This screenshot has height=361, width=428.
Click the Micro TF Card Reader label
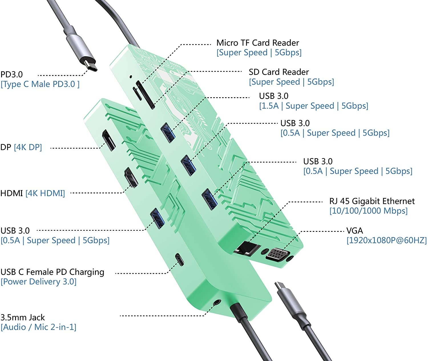(x=257, y=43)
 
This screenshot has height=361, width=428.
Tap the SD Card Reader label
(x=278, y=72)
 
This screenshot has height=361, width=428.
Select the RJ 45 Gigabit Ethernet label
(x=372, y=201)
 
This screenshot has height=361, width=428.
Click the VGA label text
(x=354, y=230)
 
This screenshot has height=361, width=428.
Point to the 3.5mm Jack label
(x=23, y=317)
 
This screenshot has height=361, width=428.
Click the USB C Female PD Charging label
(x=52, y=272)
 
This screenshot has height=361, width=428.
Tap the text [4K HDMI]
(x=45, y=193)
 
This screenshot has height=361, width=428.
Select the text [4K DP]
(x=28, y=147)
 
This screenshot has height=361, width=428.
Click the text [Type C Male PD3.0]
(x=40, y=84)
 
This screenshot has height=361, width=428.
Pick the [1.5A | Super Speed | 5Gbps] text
(x=313, y=106)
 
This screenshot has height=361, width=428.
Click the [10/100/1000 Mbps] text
(x=368, y=211)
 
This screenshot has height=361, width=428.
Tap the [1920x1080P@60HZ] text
(x=387, y=240)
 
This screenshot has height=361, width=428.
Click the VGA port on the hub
(x=277, y=253)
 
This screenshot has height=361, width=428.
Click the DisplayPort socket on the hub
(x=109, y=140)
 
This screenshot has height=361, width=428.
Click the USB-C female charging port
(x=179, y=259)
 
